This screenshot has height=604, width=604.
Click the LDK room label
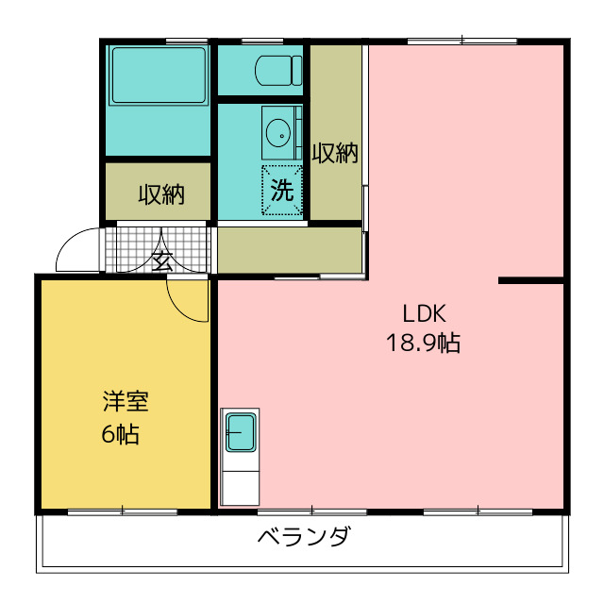coord(423,313)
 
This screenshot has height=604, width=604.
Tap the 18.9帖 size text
coord(423,344)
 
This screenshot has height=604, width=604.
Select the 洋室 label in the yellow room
coord(126,402)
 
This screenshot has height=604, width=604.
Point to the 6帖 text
coord(122,434)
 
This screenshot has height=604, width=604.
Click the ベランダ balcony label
coord(304,538)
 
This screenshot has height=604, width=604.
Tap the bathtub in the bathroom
coord(159,76)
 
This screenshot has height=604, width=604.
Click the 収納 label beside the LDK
coord(336,153)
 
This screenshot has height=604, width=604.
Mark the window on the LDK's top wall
coord(461,41)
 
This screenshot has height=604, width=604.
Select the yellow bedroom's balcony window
coord(123,512)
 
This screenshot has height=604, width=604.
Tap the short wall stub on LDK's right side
coord(531,280)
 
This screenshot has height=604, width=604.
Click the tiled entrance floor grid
coord(132,247)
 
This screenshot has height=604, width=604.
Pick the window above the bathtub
coord(186,41)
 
